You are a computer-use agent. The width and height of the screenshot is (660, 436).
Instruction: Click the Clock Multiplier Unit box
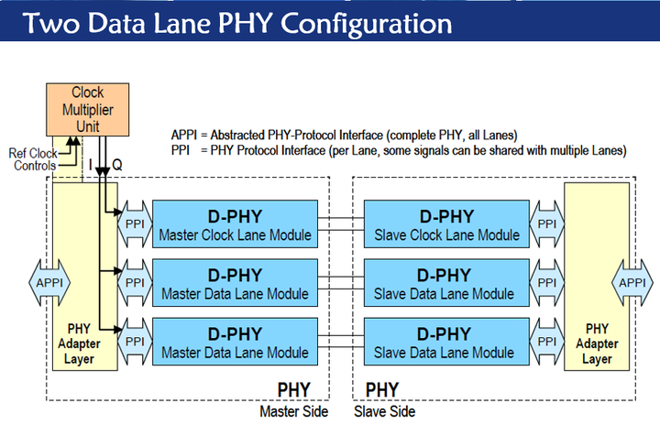(88, 109)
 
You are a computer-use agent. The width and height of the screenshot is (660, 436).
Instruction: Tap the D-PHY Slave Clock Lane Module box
(445, 225)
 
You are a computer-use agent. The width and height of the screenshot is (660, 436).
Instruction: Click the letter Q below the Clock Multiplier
(117, 165)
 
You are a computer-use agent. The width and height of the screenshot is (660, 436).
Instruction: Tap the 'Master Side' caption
(294, 412)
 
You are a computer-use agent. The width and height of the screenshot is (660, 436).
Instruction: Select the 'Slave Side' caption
(385, 412)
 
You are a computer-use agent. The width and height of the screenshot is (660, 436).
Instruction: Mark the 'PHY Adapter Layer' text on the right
(598, 343)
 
